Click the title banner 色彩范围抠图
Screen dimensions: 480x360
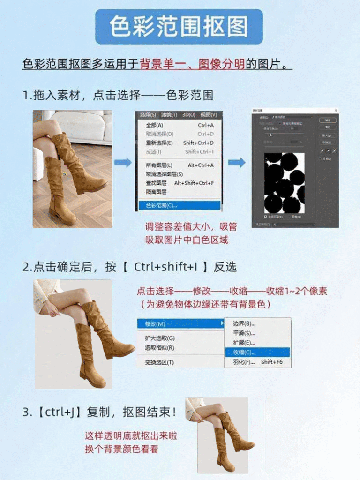(x=179, y=27)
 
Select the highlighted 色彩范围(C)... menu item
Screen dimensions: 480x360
(x=179, y=205)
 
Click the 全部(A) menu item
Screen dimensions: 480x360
(x=155, y=125)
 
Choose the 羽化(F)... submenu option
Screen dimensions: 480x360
(x=244, y=362)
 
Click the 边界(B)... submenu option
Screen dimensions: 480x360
(x=244, y=323)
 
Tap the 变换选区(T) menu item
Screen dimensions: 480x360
(x=159, y=362)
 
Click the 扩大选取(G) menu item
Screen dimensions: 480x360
(x=159, y=338)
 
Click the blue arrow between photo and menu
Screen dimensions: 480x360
(x=123, y=163)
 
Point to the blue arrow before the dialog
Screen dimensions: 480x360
(x=237, y=163)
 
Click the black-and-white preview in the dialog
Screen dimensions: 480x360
(x=284, y=183)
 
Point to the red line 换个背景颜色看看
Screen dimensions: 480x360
(x=121, y=449)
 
